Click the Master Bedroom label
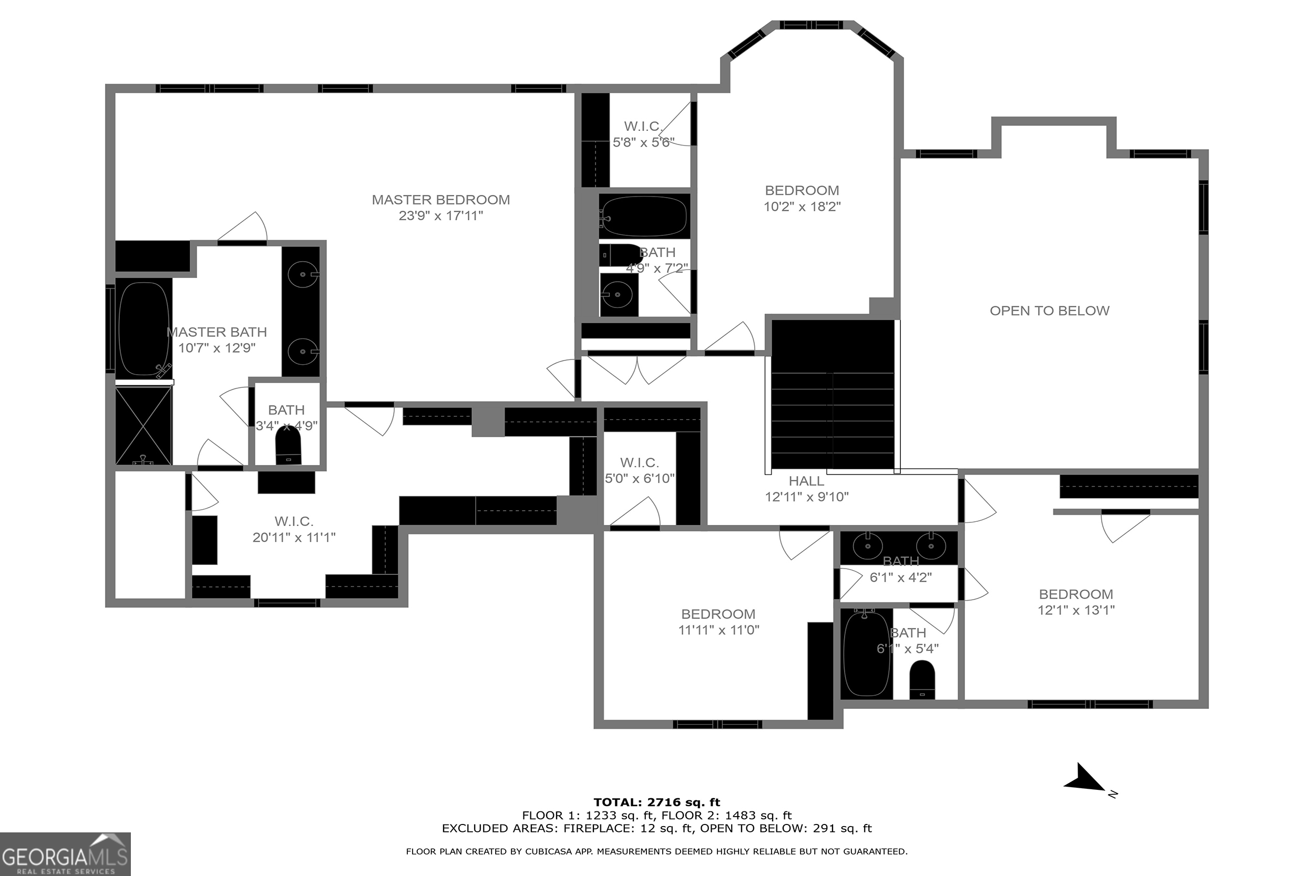(440, 200)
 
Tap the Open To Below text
(1049, 311)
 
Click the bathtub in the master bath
(143, 328)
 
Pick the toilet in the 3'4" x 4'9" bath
(288, 447)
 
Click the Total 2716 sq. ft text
(656, 802)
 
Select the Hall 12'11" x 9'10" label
(806, 488)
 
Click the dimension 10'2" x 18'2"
(802, 207)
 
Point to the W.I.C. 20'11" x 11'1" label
(294, 529)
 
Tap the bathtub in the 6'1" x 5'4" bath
(866, 653)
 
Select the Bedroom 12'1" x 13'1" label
(1075, 602)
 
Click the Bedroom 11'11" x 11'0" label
(718, 622)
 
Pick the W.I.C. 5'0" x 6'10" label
(639, 470)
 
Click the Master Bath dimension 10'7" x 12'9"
(217, 348)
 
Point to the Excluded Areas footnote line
(656, 828)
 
